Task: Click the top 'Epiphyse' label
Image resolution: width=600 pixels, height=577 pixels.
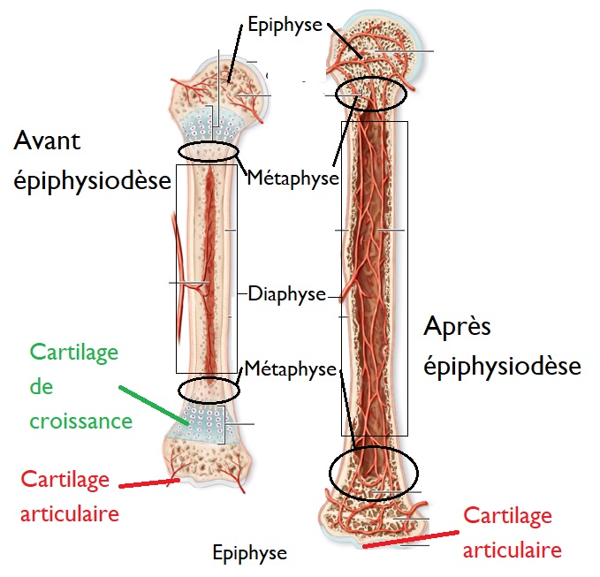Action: tap(285, 25)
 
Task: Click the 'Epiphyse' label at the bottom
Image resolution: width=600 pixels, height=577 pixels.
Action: tap(250, 553)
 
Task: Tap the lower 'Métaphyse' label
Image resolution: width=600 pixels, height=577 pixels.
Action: tap(291, 368)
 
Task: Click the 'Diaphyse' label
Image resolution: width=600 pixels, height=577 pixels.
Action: tap(287, 293)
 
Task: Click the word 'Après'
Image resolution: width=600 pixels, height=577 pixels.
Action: tap(457, 326)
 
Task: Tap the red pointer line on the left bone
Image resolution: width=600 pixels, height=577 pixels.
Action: tap(150, 482)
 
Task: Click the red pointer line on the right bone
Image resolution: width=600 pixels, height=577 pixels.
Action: tap(411, 538)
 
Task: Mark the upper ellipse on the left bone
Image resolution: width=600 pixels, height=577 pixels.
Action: tap(209, 152)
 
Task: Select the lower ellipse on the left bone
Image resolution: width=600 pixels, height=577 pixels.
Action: tap(209, 389)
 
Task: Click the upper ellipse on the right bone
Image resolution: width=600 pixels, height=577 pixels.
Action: tap(370, 91)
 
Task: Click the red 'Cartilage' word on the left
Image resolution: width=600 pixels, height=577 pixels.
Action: tap(65, 480)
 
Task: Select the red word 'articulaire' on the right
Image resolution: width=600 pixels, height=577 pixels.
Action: tap(513, 550)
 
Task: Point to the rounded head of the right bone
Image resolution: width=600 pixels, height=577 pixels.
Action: tap(376, 40)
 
